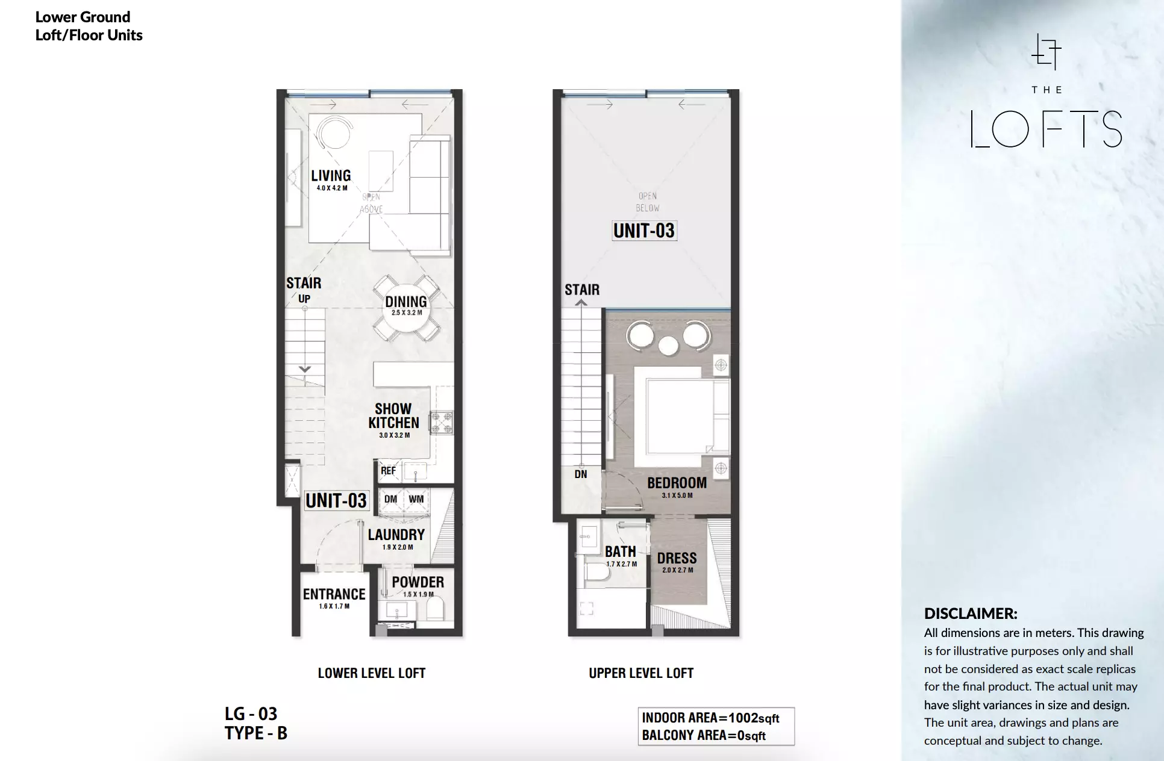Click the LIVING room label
331,175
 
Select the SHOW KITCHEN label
393,416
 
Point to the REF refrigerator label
388,471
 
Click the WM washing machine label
416,499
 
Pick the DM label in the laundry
390,499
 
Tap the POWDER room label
418,582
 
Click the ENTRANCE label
334,594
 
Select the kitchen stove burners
441,422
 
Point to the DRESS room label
677,558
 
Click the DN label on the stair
580,474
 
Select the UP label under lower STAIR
304,299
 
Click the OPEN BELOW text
648,202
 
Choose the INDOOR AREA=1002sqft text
710,718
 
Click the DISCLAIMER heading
971,613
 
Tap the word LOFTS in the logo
1047,129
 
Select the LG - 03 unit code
251,714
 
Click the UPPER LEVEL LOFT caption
641,673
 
